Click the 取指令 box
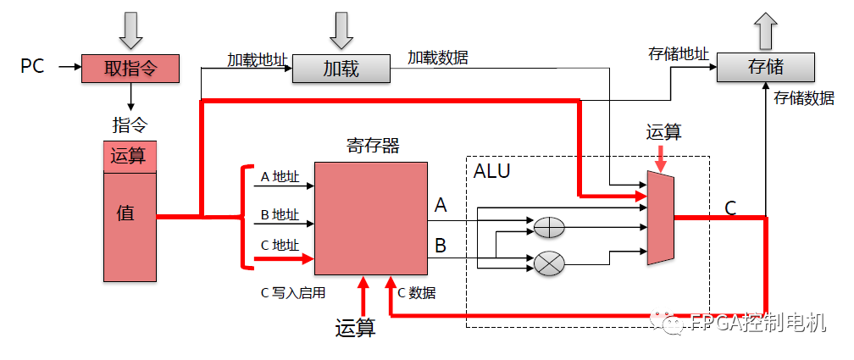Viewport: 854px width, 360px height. click(x=130, y=68)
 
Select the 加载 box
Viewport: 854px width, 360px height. click(x=341, y=69)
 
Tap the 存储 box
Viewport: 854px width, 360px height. click(x=765, y=67)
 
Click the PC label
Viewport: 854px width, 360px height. click(x=32, y=66)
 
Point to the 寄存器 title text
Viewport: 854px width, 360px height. click(x=372, y=146)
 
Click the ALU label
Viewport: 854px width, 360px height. click(x=491, y=171)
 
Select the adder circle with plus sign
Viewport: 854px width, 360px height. click(x=549, y=227)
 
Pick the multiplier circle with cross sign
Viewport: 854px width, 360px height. click(x=549, y=263)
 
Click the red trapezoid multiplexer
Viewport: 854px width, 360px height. click(x=660, y=217)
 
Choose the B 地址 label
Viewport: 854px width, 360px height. click(x=279, y=214)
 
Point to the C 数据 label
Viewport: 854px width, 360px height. click(x=417, y=292)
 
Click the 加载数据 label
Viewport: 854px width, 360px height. click(x=437, y=58)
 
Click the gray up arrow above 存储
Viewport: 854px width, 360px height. click(x=765, y=30)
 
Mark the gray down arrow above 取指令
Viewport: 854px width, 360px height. click(x=131, y=30)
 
